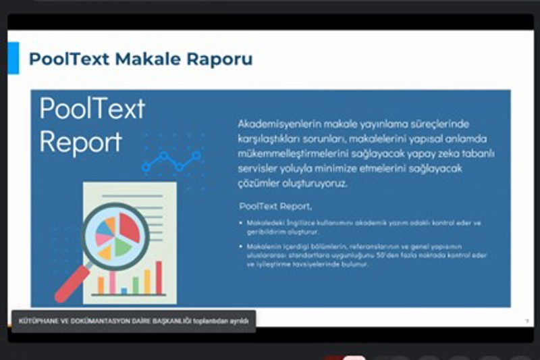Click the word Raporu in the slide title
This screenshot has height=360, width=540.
point(220,59)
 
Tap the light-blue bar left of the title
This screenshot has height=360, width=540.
point(13,57)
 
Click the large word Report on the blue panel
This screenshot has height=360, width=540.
point(80,141)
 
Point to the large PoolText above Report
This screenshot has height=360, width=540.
point(92,109)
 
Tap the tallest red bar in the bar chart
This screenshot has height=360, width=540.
point(159,277)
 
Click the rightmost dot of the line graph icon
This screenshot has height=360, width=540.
point(197,155)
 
